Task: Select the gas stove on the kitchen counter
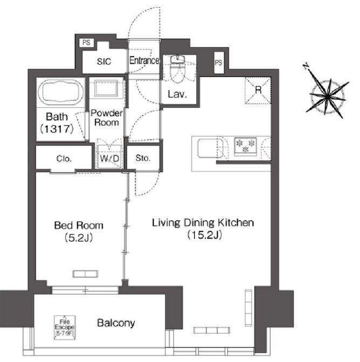[245, 146]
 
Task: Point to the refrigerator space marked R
[258, 90]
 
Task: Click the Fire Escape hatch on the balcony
[65, 327]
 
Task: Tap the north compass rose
[327, 94]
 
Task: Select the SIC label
[104, 62]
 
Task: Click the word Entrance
[144, 60]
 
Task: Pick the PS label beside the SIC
[86, 43]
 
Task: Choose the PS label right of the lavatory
[219, 63]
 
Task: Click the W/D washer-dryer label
[110, 159]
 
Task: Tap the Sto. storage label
[143, 158]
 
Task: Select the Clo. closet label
[64, 159]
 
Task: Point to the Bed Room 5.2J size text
[79, 237]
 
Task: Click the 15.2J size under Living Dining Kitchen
[205, 235]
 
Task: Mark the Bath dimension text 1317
[57, 129]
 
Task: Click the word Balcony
[116, 323]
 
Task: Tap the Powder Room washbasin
[106, 88]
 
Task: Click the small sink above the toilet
[178, 59]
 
